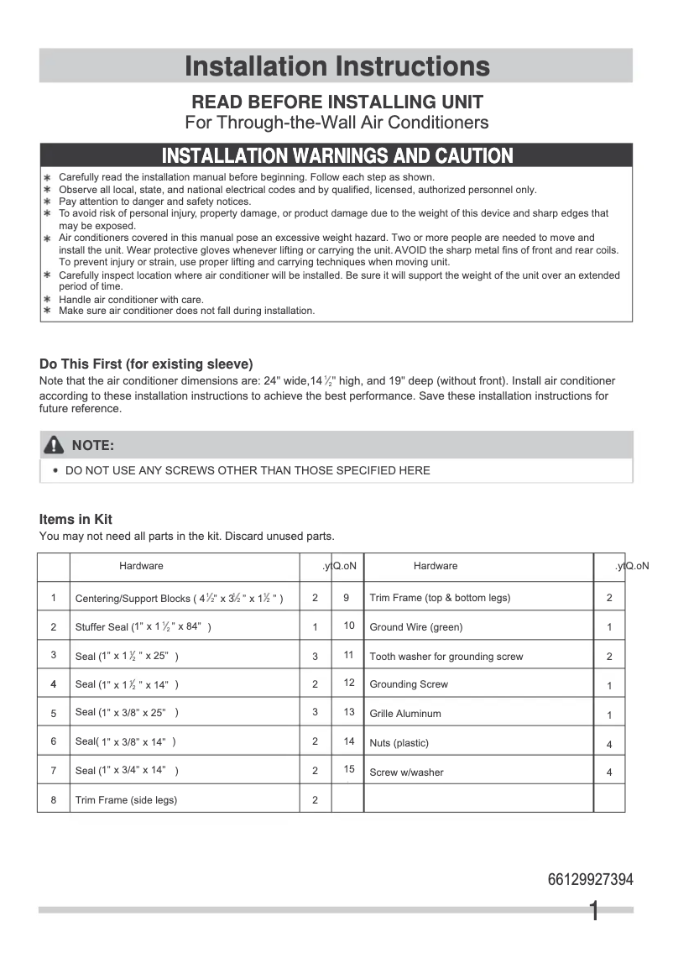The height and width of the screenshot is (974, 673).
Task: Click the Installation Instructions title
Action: pos(336,65)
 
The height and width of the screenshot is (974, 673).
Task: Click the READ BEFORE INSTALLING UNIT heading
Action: pos(336,102)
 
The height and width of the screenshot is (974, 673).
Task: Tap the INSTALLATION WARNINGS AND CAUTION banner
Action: pos(336,156)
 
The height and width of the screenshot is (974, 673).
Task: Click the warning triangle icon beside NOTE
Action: pos(55,445)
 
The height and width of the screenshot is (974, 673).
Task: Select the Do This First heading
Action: pos(146,364)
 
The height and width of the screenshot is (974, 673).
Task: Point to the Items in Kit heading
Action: pos(76,520)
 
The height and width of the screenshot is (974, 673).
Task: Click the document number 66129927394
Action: pos(590,880)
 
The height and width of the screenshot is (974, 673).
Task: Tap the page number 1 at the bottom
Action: pos(594,912)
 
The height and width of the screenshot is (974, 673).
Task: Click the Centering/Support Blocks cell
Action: pos(179,599)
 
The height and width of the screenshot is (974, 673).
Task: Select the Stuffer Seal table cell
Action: pos(143,627)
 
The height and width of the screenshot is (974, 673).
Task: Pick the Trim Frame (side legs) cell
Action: pos(126,800)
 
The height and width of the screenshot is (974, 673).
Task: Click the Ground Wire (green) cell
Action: pos(415,627)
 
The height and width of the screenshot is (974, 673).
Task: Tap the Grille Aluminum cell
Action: pos(404,714)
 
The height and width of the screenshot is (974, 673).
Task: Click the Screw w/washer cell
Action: pos(406,772)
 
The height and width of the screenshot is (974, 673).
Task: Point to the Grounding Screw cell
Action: pos(409,684)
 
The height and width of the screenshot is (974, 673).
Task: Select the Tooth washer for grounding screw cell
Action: pos(446,657)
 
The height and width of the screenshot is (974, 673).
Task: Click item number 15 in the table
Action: pos(349,769)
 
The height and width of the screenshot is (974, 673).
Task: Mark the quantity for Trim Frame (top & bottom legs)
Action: pos(609,598)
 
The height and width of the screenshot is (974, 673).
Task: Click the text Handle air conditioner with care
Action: pos(131,300)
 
